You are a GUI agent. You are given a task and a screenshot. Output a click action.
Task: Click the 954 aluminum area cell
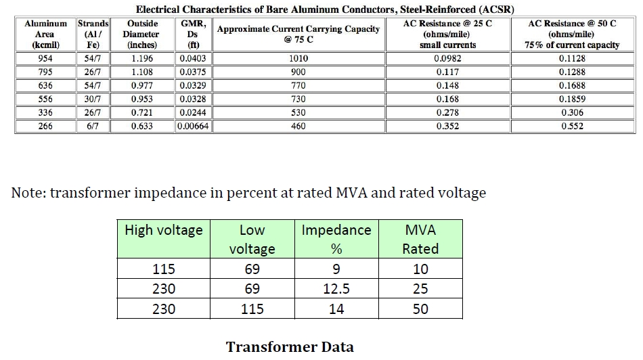point(45,58)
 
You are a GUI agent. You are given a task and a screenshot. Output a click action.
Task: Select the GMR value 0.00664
point(193,126)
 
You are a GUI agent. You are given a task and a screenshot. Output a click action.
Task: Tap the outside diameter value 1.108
point(142,72)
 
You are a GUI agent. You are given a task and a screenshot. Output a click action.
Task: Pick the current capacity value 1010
point(298,58)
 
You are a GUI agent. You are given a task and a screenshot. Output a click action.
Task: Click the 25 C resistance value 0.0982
point(448,58)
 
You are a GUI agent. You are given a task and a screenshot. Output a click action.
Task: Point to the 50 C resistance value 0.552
point(573,126)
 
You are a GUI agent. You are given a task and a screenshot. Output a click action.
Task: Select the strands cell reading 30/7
point(93,99)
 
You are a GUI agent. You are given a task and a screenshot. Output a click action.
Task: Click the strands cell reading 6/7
point(93,126)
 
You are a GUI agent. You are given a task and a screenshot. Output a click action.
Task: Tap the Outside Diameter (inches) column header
point(142,34)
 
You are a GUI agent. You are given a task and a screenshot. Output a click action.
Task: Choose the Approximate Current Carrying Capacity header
point(298,34)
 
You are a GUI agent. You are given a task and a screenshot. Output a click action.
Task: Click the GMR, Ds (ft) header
point(193,34)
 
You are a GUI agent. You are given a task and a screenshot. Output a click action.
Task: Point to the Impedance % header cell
point(336,239)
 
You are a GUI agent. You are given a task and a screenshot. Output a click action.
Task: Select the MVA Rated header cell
point(420,239)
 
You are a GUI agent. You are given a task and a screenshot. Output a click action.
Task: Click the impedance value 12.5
point(336,289)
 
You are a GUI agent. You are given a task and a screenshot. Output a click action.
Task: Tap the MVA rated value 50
point(420,309)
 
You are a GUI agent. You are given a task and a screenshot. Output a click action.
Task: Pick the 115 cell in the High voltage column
point(164,269)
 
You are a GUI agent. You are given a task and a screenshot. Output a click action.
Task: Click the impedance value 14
point(336,309)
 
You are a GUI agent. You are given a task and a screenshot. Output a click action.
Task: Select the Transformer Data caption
point(290,347)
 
